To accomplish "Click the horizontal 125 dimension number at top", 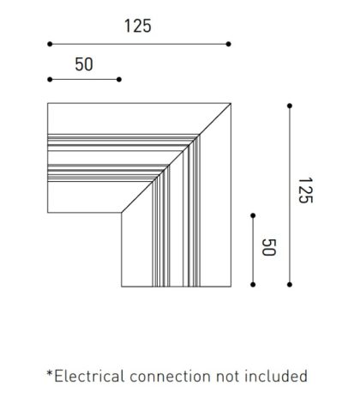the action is [138, 26].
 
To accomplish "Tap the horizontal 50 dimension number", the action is [84, 64].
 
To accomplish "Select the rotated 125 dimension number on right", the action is [305, 190].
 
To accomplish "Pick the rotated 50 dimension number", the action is [269, 247].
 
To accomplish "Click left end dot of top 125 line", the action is [50, 44].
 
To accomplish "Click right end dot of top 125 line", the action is [228, 44].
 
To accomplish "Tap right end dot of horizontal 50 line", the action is [119, 79].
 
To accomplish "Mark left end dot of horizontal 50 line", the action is [50, 79].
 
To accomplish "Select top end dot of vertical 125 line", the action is [290, 106].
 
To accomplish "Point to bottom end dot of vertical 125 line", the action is [290, 285].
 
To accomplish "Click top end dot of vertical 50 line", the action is [253, 215].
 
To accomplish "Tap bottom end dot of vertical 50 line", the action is [253, 285].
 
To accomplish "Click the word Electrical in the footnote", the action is [89, 376].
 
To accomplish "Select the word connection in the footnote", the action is [171, 377].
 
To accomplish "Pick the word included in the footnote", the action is [276, 376].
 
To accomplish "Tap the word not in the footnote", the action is [228, 377].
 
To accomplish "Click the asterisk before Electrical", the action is [50, 373].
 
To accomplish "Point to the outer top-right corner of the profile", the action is [231, 103].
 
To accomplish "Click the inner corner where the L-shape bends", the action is [122, 213].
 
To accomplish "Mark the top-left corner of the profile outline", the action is [48, 103].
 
